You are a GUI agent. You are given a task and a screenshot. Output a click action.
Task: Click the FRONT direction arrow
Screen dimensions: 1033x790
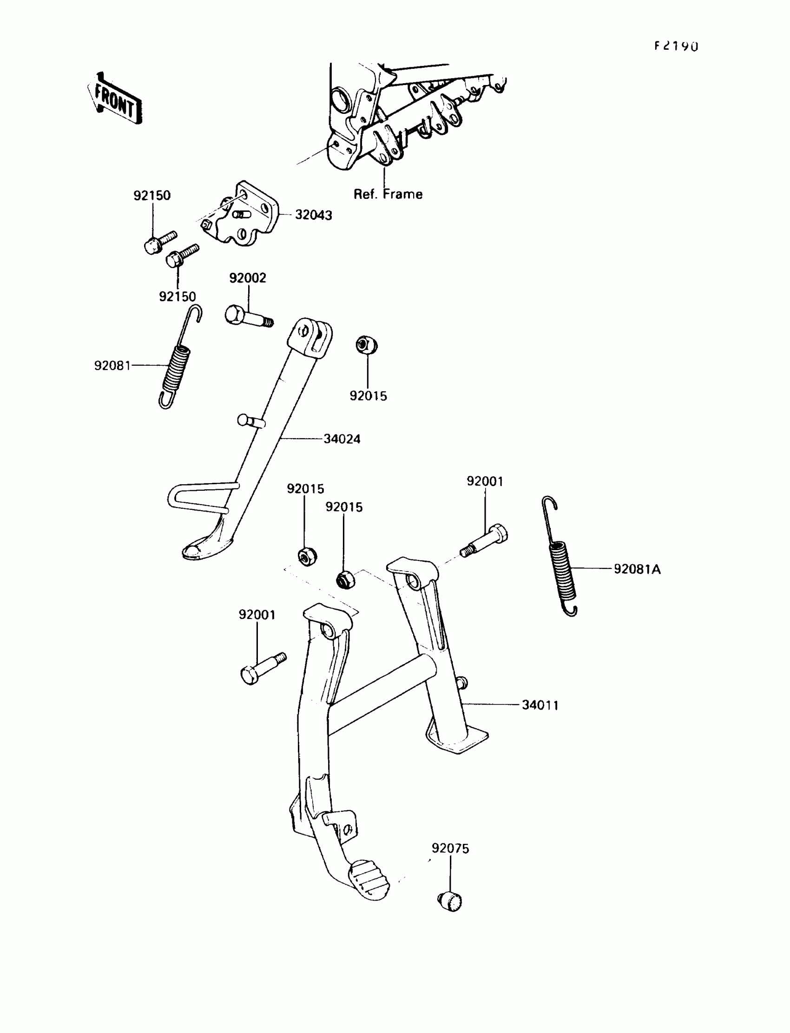[114, 99]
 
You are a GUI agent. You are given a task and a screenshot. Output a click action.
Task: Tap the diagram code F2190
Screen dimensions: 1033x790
[676, 46]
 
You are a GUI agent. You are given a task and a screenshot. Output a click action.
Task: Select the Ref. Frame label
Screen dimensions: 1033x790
[388, 194]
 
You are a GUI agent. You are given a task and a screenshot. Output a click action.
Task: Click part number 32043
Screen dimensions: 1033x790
[313, 215]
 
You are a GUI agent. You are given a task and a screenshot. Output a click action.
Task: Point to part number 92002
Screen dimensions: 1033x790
[247, 278]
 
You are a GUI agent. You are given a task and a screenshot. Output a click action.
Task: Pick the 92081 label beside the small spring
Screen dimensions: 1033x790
[112, 365]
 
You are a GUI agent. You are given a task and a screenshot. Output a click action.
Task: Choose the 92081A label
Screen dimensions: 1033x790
[637, 569]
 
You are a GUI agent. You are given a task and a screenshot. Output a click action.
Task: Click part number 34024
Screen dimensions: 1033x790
[342, 439]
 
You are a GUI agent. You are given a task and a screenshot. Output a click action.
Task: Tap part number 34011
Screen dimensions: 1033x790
[540, 705]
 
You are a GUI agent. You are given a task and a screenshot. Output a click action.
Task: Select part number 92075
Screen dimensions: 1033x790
[450, 848]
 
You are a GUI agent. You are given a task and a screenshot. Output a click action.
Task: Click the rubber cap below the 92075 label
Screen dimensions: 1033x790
[450, 901]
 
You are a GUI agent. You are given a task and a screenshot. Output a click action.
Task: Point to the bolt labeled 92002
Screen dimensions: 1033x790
[247, 316]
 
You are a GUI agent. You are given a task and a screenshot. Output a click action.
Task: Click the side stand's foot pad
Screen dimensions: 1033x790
[207, 547]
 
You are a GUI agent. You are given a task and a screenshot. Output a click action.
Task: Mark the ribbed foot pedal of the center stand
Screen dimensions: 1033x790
[369, 879]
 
